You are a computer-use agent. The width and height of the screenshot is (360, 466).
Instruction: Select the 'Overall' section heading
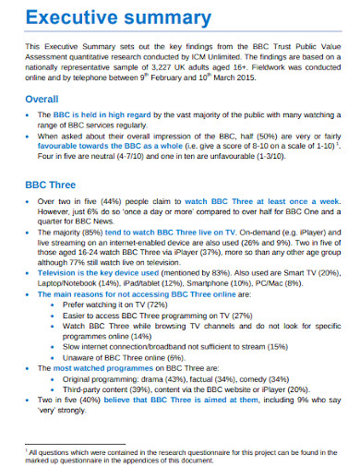pyautogui.click(x=42, y=99)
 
